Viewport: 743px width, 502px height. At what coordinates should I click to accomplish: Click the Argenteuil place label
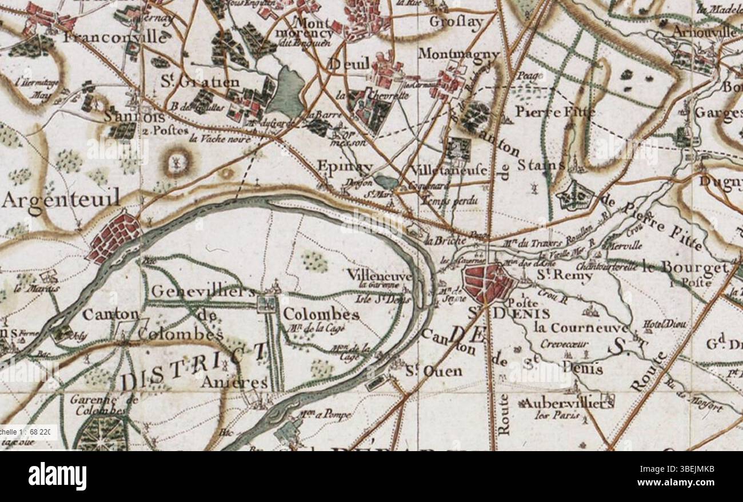[x=61, y=200]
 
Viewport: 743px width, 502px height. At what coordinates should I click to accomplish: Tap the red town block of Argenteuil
[x=114, y=237]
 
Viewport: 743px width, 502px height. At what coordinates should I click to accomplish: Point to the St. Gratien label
[x=199, y=82]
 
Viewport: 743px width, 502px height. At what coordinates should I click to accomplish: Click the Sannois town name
[x=135, y=117]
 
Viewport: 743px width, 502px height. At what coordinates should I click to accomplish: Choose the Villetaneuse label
[x=449, y=170]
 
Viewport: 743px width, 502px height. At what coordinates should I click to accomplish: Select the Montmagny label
[x=459, y=54]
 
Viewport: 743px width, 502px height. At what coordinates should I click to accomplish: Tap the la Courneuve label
[x=581, y=328]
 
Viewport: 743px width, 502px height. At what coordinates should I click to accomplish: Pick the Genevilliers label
[x=203, y=291]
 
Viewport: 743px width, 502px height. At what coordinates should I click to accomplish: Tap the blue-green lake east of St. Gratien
[x=286, y=91]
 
